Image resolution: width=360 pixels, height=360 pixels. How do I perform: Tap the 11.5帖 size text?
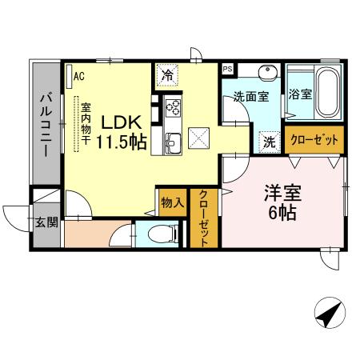(121, 143)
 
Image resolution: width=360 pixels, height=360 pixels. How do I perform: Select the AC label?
(79, 76)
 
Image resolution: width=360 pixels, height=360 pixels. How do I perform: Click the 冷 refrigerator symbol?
(168, 76)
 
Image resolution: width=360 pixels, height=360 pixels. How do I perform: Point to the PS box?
(227, 69)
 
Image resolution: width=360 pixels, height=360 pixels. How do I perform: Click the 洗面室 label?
(250, 96)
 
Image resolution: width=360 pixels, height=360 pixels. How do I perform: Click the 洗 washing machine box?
(271, 141)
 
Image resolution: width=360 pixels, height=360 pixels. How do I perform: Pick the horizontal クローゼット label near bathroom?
(314, 140)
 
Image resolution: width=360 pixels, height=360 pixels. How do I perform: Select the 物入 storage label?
(171, 202)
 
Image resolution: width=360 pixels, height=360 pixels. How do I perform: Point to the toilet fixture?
(162, 234)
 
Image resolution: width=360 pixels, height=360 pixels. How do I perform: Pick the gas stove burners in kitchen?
(174, 106)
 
